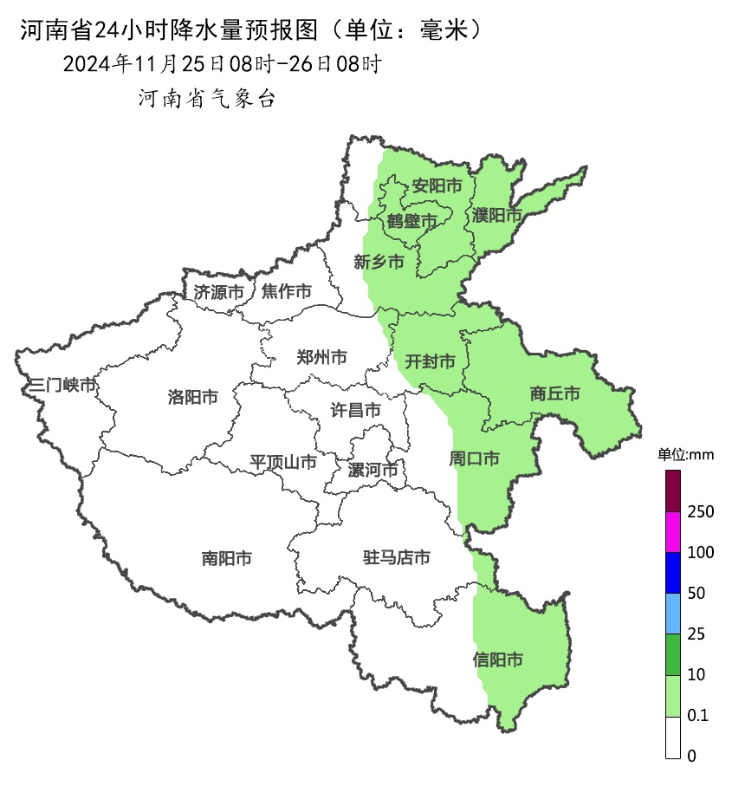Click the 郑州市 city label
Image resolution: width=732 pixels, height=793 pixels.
click(x=321, y=357)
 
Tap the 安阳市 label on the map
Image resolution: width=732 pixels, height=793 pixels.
click(x=436, y=185)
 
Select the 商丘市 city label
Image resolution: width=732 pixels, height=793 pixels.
click(x=554, y=394)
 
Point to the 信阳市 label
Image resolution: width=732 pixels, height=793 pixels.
click(x=498, y=660)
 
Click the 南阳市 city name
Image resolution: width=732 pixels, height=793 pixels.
click(x=226, y=559)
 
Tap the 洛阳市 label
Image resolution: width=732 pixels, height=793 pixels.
click(x=192, y=398)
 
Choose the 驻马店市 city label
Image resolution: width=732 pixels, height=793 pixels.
click(x=397, y=558)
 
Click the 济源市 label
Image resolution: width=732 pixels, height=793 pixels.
click(x=218, y=292)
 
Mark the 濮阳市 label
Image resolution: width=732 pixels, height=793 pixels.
click(x=496, y=214)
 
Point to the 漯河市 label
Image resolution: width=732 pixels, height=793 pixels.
click(x=372, y=471)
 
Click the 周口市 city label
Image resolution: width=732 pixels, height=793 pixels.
click(x=474, y=458)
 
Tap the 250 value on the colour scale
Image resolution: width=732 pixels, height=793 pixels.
click(x=700, y=512)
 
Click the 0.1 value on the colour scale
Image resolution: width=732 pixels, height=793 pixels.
click(x=697, y=716)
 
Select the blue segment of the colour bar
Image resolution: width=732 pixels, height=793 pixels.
click(x=673, y=573)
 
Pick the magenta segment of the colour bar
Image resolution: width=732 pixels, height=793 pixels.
click(x=673, y=532)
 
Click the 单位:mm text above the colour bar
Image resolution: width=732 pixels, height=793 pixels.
click(x=684, y=455)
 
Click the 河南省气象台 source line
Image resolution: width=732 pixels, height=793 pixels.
click(x=207, y=100)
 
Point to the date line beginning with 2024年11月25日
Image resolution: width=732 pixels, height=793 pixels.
click(x=222, y=64)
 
